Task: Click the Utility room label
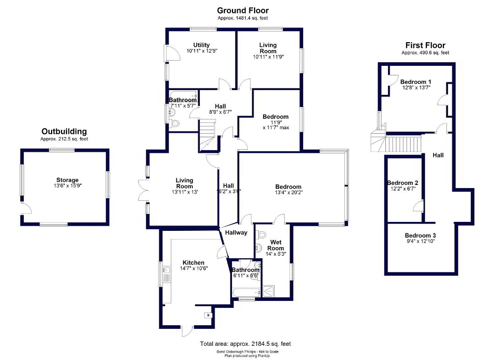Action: coord(201,45)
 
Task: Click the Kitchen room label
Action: coord(193,262)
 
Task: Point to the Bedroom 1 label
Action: coord(415,82)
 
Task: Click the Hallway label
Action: coord(236,232)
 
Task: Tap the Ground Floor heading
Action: coord(243,11)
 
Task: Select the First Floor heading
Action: coord(425,45)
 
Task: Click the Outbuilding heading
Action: coord(64,131)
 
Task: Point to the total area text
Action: coord(245,344)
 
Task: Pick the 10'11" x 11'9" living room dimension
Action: coord(268,57)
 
